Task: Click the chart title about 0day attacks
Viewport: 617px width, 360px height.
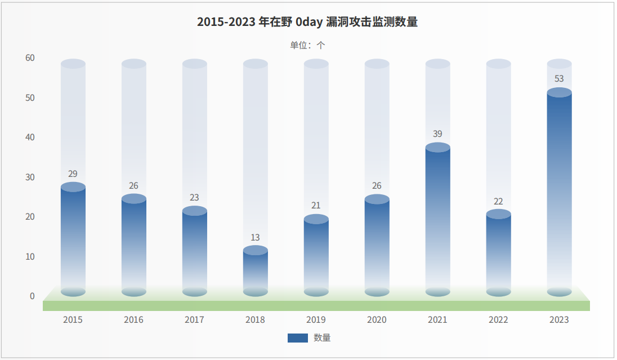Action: click(x=307, y=22)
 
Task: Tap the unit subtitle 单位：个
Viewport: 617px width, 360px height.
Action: click(x=307, y=45)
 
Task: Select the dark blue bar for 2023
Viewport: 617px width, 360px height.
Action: click(x=559, y=192)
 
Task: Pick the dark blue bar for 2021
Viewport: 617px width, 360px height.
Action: click(x=437, y=220)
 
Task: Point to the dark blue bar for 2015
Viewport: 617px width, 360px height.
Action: click(x=73, y=239)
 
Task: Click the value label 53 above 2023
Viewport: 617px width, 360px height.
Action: click(x=559, y=79)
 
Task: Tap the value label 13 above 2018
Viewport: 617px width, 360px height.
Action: click(x=256, y=237)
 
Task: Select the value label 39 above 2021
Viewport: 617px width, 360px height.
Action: click(x=437, y=134)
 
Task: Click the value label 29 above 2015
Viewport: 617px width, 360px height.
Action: click(x=73, y=174)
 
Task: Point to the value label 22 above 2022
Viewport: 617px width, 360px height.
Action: click(x=498, y=201)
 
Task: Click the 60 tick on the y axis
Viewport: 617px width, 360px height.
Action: click(x=30, y=58)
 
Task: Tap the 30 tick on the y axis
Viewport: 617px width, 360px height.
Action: click(x=30, y=177)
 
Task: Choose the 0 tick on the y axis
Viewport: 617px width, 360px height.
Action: click(x=32, y=296)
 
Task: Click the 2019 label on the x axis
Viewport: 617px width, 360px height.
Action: click(x=316, y=320)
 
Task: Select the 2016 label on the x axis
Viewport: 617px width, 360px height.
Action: click(x=133, y=320)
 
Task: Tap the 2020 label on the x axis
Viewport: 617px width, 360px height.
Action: click(x=377, y=320)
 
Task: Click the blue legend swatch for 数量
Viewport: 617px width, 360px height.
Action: click(x=297, y=338)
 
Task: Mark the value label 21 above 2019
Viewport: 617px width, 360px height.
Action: click(x=316, y=205)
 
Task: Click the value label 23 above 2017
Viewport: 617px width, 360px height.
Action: click(x=194, y=197)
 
